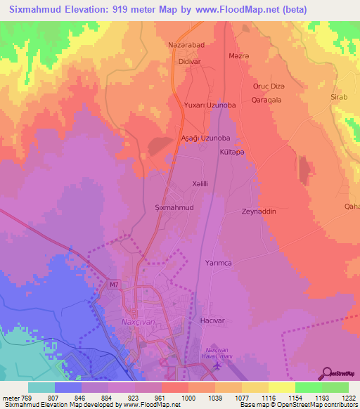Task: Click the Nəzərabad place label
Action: (186, 44)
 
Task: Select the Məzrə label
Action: (240, 56)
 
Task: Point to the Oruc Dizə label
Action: (269, 86)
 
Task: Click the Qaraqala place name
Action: (267, 100)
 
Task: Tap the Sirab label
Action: (339, 97)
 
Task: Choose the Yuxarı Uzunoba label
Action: (209, 105)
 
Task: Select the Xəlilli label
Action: (202, 183)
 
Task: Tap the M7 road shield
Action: (114, 285)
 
